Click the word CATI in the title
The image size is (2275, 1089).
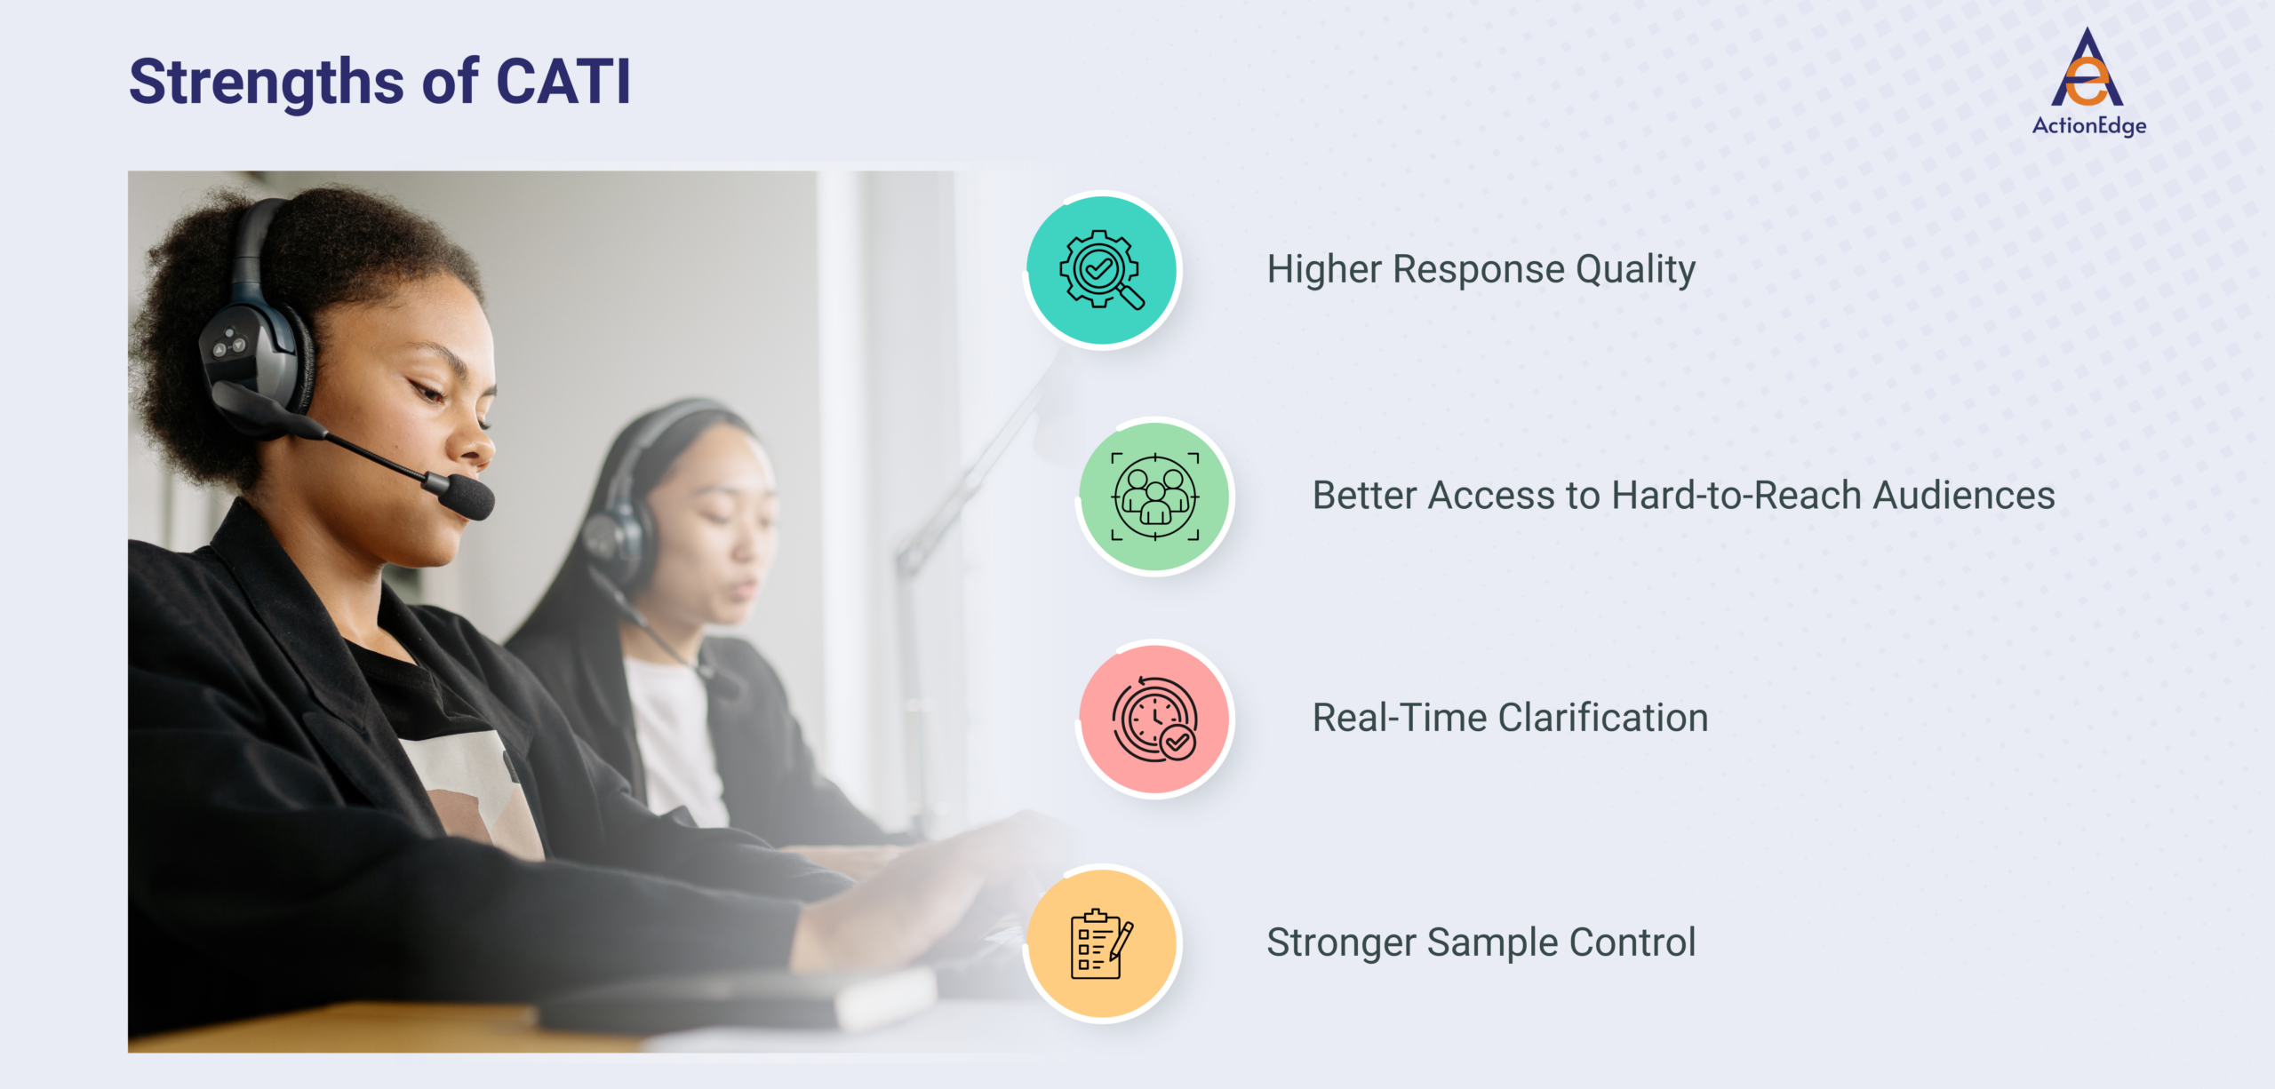563,82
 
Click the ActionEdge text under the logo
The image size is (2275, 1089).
2088,125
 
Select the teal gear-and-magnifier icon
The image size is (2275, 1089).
1102,270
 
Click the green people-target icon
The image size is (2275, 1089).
1154,497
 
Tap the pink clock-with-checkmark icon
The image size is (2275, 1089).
1154,719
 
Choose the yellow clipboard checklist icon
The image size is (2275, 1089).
1102,943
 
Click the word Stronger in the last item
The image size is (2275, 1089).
1340,942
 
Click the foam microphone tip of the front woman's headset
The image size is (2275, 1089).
468,497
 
